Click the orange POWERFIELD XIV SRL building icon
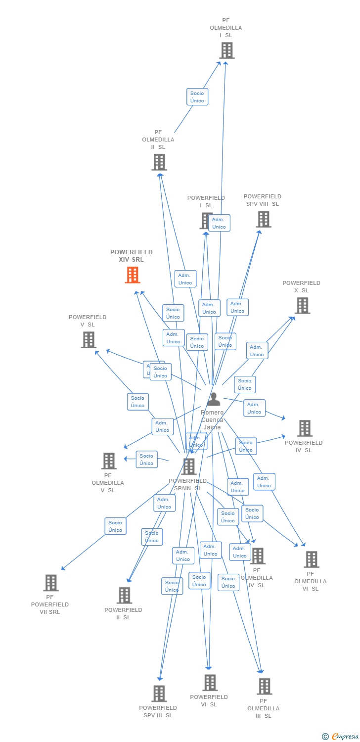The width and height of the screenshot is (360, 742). coord(133,275)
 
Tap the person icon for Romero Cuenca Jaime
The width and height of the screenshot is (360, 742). coord(213,399)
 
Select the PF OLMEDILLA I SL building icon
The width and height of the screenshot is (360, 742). coord(226,50)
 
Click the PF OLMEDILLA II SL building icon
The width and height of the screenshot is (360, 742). coord(159,162)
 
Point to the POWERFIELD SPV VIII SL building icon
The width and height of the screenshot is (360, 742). coord(264,219)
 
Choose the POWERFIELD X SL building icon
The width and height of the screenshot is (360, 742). coord(303,306)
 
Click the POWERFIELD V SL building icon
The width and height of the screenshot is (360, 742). coord(89,340)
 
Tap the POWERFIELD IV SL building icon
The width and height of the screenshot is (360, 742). coord(305,428)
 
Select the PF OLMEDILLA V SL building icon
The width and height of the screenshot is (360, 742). coord(109,461)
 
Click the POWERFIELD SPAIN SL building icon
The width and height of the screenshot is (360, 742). coord(189,466)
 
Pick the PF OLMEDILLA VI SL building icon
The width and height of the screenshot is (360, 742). coord(311,559)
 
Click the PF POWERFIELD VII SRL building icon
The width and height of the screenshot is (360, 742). coord(51,583)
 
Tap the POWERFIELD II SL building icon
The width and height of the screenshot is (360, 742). coord(124,596)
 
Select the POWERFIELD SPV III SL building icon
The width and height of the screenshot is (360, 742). coord(159,694)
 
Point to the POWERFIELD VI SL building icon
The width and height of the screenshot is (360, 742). coord(210,683)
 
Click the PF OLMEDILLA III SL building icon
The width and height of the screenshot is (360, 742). coord(265,687)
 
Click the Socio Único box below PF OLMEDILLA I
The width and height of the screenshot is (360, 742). coord(197,97)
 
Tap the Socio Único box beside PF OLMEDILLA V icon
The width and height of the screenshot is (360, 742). coord(146,460)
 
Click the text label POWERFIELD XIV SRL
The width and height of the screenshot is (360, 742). coord(132,256)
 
